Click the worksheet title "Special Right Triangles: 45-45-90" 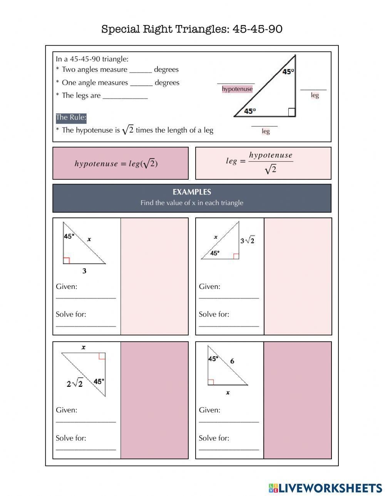coord(192,29)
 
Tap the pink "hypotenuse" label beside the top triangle coord(237,89)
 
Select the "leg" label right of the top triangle coord(315,95)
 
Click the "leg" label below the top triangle coord(266,131)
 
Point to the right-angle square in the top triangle coord(292,112)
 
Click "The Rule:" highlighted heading coord(71,118)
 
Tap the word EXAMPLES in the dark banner coord(192,192)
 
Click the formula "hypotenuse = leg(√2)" coord(116,164)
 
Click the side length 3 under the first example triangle coord(84,271)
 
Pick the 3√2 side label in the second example coord(247,241)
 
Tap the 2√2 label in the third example coord(75,383)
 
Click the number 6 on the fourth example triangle coord(232,361)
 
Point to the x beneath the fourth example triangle coord(228,393)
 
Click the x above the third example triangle coord(84,347)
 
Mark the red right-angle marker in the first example coord(66,260)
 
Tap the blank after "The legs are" coord(125,96)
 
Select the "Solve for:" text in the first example coord(71,314)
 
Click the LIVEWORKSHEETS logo coord(325,488)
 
